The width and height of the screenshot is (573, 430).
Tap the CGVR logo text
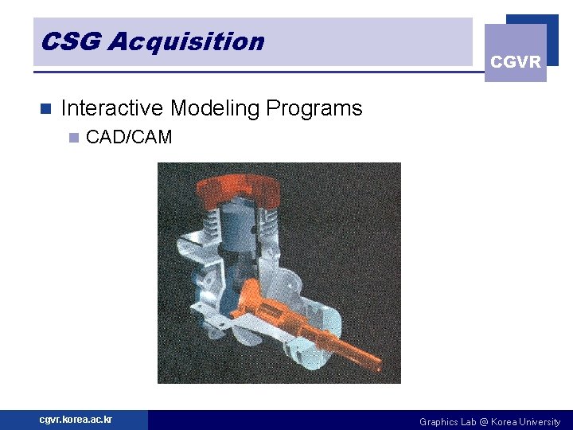pyautogui.click(x=516, y=62)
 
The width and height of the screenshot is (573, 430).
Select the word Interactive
pyautogui.click(x=111, y=108)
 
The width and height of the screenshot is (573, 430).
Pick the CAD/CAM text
pyautogui.click(x=129, y=137)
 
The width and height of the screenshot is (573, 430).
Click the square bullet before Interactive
pyautogui.click(x=45, y=108)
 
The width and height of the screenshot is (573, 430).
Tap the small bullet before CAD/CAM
pyautogui.click(x=73, y=138)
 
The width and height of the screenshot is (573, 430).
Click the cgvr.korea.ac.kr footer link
pyautogui.click(x=76, y=420)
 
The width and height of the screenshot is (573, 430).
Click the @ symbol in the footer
pyautogui.click(x=483, y=422)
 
